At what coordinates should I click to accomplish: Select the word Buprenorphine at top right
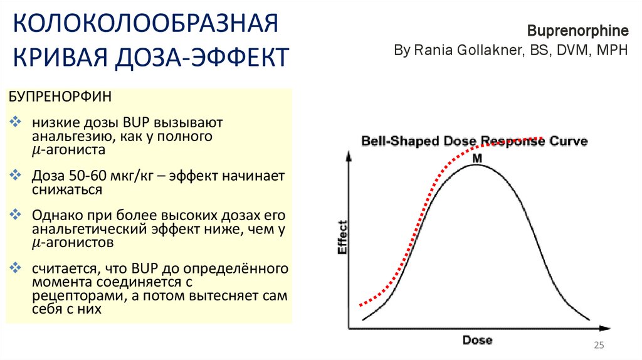[577, 31]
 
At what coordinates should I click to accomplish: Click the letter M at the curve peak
[476, 159]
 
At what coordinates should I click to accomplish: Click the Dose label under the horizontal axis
[477, 341]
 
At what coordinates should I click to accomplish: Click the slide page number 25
[598, 346]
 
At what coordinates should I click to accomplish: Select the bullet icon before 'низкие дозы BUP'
[16, 121]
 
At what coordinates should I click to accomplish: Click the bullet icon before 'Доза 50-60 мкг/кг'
[16, 175]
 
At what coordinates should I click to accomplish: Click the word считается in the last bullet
[61, 268]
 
